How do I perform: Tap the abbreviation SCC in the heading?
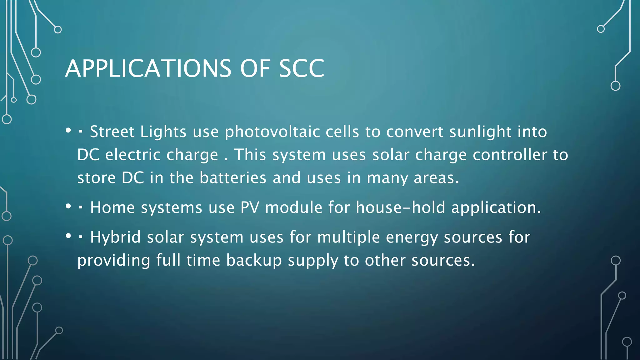click(x=302, y=68)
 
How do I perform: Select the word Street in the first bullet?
click(x=112, y=132)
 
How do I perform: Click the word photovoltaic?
click(x=272, y=132)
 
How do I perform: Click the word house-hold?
click(x=400, y=207)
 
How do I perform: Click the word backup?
click(x=254, y=260)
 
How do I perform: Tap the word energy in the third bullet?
click(x=412, y=237)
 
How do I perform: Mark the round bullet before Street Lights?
click(x=68, y=131)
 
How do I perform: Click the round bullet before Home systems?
click(x=68, y=206)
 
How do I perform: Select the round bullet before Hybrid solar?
click(x=68, y=236)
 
